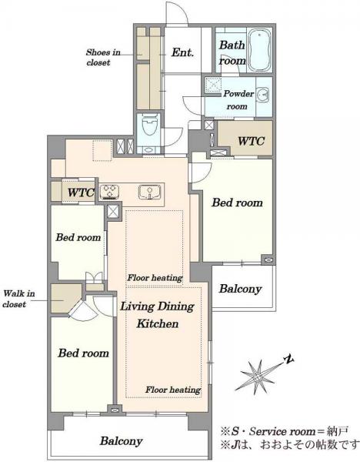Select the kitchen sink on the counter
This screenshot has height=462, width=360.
click(149, 192)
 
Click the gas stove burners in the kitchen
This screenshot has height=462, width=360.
click(110, 192)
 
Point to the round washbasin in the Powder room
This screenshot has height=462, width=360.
click(263, 94)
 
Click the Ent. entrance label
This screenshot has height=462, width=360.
click(182, 52)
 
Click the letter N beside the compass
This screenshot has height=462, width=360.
click(288, 359)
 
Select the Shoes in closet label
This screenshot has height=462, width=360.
click(103, 57)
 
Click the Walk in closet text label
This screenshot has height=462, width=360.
click(18, 299)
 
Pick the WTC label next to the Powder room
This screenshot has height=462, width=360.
click(251, 141)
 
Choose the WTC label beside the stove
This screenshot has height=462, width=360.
click(81, 192)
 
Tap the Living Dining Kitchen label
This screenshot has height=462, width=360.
click(158, 315)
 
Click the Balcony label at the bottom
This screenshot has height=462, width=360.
click(121, 440)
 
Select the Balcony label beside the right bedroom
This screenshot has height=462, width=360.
click(240, 289)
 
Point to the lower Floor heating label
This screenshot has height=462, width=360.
click(173, 390)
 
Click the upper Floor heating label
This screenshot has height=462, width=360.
click(155, 277)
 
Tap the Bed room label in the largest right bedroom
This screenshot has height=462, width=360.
click(237, 203)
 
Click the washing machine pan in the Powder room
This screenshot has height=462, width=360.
click(213, 85)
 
